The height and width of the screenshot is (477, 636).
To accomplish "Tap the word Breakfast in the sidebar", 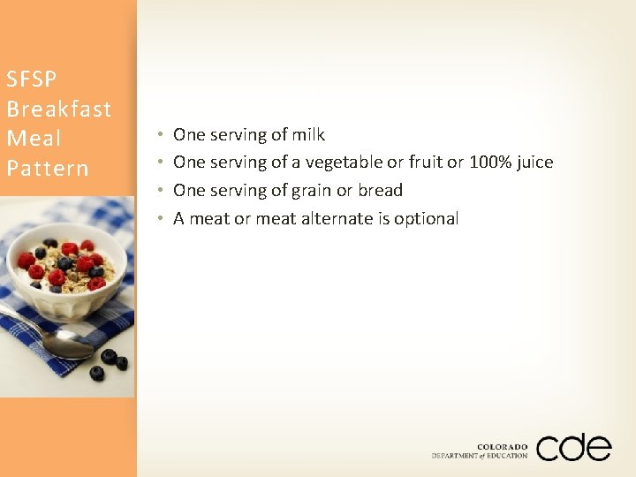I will [x=58, y=110].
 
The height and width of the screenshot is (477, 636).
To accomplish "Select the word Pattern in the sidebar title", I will [x=48, y=168].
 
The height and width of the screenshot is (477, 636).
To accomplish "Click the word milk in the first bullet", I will [x=308, y=135].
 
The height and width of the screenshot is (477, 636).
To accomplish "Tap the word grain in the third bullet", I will [x=311, y=191].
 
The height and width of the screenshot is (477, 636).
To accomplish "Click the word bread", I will [x=380, y=191].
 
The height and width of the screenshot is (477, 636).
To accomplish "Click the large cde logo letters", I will [x=573, y=447].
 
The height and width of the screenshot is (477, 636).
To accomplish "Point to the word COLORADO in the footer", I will [x=502, y=447].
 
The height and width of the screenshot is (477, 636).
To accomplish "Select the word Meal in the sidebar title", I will [x=34, y=139].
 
